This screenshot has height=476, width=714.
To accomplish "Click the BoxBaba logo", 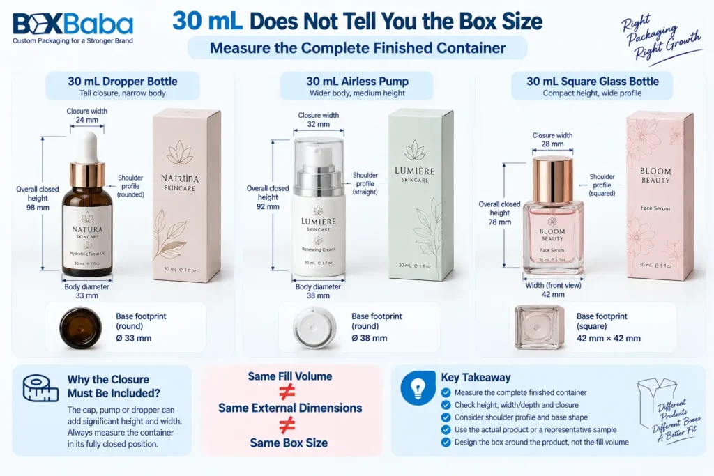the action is pyautogui.click(x=73, y=28).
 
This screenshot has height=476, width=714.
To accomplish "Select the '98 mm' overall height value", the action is pyautogui.click(x=38, y=208).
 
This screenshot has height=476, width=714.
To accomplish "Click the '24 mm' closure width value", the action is pyautogui.click(x=86, y=120).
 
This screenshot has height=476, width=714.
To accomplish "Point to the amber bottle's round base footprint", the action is pyautogui.click(x=81, y=327).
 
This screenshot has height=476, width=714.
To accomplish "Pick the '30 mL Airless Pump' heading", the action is pyautogui.click(x=358, y=82).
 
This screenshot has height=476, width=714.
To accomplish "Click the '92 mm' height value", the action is pyautogui.click(x=268, y=206).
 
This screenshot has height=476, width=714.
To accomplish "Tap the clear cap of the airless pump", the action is pyautogui.click(x=318, y=160).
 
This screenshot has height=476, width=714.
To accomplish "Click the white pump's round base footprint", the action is pyautogui.click(x=314, y=328).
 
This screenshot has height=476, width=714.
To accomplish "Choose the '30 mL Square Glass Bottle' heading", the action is pyautogui.click(x=593, y=82).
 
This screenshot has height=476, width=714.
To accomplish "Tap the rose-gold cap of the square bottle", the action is pyautogui.click(x=552, y=181).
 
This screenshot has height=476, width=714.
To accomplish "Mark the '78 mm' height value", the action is pyautogui.click(x=499, y=222).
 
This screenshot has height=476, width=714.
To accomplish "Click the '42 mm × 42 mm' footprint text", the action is pyautogui.click(x=608, y=339).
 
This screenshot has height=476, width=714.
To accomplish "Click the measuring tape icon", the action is pyautogui.click(x=40, y=389).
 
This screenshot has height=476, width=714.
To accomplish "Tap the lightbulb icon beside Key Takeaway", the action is pyautogui.click(x=418, y=388).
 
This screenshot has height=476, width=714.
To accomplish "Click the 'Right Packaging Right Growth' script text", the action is pyautogui.click(x=660, y=38).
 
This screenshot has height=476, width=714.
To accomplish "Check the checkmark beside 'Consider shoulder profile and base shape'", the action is pyautogui.click(x=446, y=417).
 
